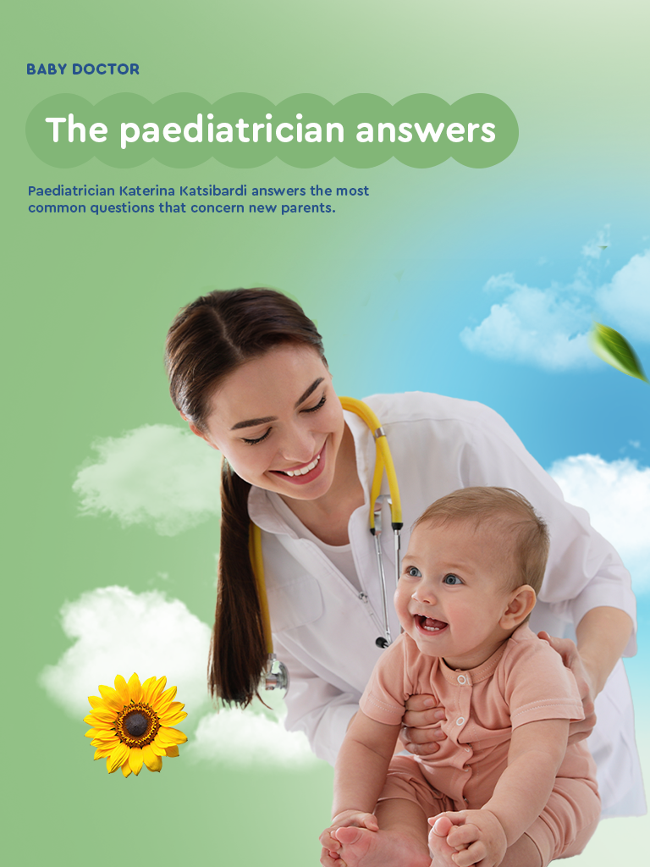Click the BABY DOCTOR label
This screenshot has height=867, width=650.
83,69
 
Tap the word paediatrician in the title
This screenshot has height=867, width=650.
232,131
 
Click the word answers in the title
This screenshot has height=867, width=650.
426,130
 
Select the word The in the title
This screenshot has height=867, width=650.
76,129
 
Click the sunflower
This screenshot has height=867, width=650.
135,725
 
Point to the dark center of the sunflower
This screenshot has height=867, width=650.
136,723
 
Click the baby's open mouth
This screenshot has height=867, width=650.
431,624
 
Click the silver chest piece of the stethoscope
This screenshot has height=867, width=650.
275,673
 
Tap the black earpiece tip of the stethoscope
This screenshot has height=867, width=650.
382,642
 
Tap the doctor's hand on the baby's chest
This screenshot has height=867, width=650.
423,725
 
